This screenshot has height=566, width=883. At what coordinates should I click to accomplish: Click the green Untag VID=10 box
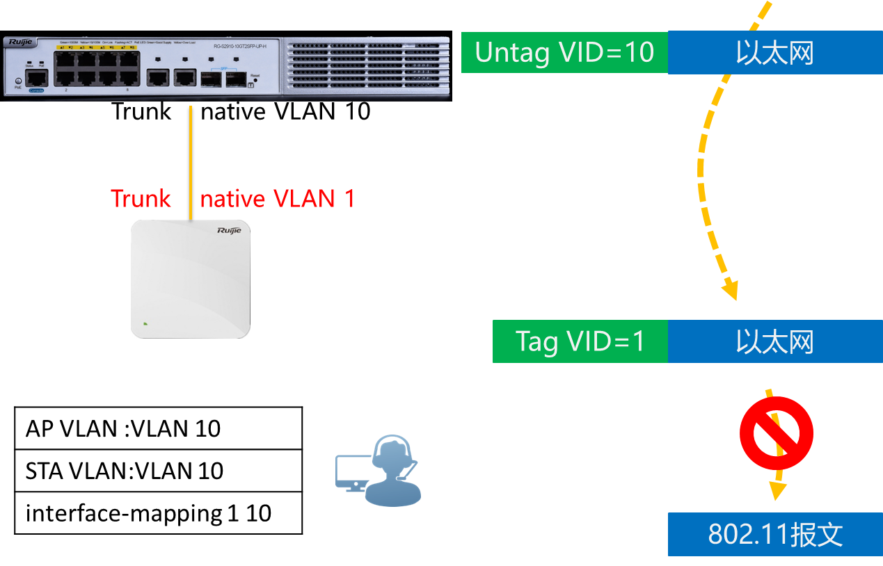pos(564,52)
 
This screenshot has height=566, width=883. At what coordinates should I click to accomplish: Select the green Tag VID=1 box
pos(580,341)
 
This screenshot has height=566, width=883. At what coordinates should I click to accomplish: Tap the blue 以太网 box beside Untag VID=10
pos(775,52)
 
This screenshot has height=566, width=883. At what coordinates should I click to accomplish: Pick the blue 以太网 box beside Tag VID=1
pos(775,341)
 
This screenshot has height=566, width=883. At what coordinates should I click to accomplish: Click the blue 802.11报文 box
pos(775,535)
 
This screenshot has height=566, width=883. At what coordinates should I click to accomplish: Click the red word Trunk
pos(141,199)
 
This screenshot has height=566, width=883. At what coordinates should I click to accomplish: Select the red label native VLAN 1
pos(278,199)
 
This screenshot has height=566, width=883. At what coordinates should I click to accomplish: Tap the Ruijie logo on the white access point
pos(229,230)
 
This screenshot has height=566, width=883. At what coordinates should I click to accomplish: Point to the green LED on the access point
pos(145,323)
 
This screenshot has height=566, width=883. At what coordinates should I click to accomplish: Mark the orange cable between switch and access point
pos(191,160)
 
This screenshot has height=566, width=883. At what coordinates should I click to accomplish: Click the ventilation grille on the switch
pos(365,65)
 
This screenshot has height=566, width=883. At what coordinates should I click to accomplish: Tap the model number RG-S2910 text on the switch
pos(240,46)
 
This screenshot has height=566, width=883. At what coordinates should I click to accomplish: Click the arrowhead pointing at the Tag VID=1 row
pos(729,290)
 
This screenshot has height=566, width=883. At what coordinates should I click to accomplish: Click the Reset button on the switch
pos(255,80)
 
